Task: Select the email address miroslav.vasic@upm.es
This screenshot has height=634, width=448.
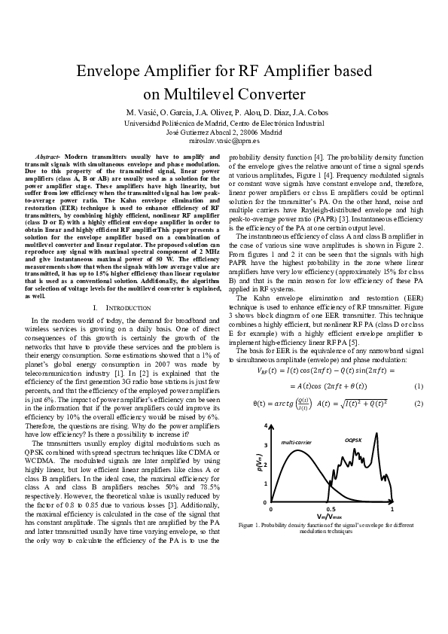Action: tap(224, 140)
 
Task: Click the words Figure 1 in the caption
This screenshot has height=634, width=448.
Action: tap(248, 525)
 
